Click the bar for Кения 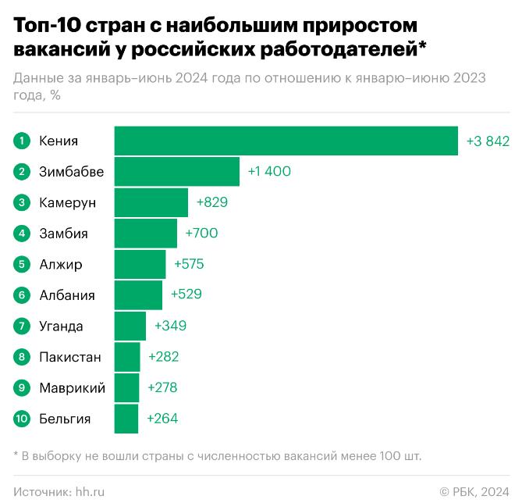click(x=286, y=141)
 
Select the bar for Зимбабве click(x=176, y=171)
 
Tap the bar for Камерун click(x=151, y=202)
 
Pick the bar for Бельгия click(x=126, y=419)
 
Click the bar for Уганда click(x=130, y=326)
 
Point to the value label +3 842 click(x=488, y=141)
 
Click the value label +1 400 click(x=269, y=171)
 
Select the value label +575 click(x=189, y=264)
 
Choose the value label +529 click(x=186, y=295)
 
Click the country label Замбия click(x=63, y=234)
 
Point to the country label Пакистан click(x=70, y=357)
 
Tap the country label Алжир click(x=61, y=264)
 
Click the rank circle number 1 click(x=22, y=141)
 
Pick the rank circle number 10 click(x=22, y=419)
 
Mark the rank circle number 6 click(x=22, y=295)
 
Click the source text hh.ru click(x=90, y=491)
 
